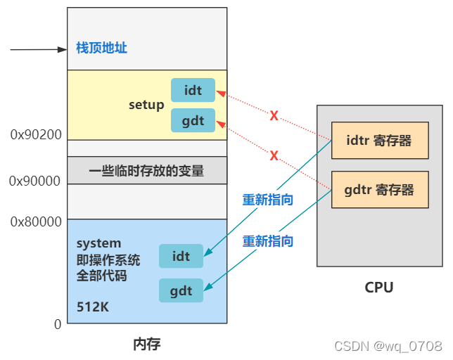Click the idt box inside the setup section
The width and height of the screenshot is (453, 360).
pyautogui.click(x=193, y=91)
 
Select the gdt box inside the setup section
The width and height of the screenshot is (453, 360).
pyautogui.click(x=193, y=120)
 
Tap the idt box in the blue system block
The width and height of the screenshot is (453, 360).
pyautogui.click(x=181, y=257)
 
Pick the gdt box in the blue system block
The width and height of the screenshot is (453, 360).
pyautogui.click(x=181, y=290)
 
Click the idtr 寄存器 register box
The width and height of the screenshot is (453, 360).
pyautogui.click(x=379, y=141)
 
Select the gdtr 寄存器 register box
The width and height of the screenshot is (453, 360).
pyautogui.click(x=379, y=189)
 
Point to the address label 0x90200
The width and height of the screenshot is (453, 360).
pyautogui.click(x=35, y=134)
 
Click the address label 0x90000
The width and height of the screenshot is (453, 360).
pyautogui.click(x=35, y=181)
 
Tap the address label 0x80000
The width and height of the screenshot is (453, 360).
pyautogui.click(x=35, y=222)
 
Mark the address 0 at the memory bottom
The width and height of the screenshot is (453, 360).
pyautogui.click(x=58, y=324)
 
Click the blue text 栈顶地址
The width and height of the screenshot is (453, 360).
pyautogui.click(x=101, y=49)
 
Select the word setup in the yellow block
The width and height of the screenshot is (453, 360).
pyautogui.click(x=146, y=105)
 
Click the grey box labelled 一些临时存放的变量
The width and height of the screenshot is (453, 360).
pyautogui.click(x=146, y=170)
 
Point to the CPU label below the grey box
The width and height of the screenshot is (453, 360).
pyautogui.click(x=379, y=287)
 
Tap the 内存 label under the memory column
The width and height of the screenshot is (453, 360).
pyautogui.click(x=147, y=344)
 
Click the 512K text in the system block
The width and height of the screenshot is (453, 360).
pyautogui.click(x=93, y=307)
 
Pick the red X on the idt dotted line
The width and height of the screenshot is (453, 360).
pyautogui.click(x=274, y=115)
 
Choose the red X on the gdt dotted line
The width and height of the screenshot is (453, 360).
pyautogui.click(x=274, y=155)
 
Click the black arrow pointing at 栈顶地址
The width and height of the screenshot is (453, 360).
pyautogui.click(x=39, y=50)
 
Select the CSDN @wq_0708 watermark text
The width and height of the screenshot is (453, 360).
pyautogui.click(x=388, y=346)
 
